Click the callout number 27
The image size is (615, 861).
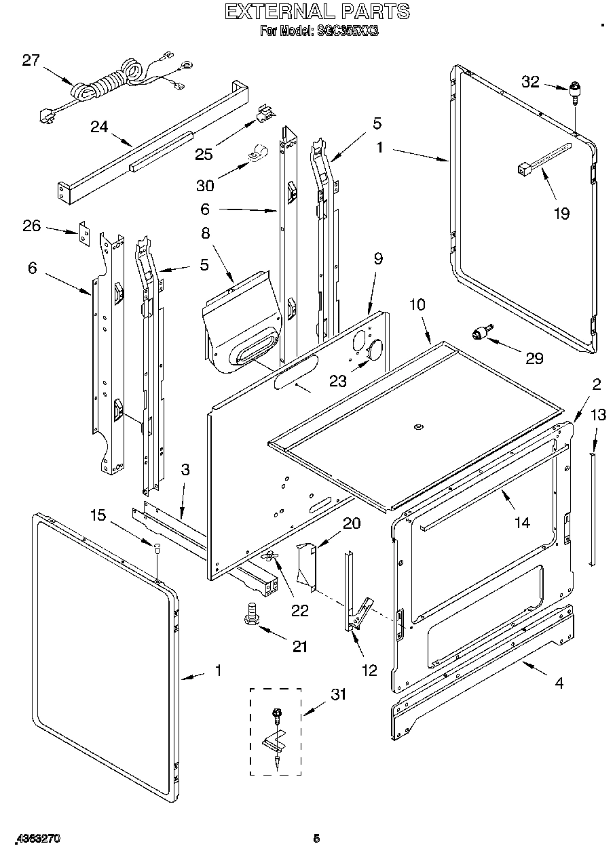point(31,60)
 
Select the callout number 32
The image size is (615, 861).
point(530,82)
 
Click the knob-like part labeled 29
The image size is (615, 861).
point(482,332)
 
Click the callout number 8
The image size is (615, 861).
point(206,233)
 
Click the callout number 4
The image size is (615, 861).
point(559,683)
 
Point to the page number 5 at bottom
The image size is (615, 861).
point(316,839)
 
